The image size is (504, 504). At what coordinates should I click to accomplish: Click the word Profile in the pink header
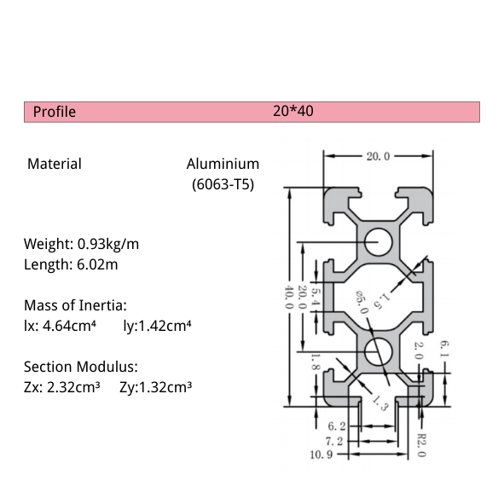pos(55,112)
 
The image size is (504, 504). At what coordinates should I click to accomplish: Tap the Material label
pos(55,164)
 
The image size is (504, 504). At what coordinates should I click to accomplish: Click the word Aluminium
pos(223,164)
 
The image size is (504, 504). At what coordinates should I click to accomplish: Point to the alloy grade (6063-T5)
pos(222,183)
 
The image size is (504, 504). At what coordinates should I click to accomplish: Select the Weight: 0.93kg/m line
pos(81,244)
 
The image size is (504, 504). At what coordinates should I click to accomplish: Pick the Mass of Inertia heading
pos(76,305)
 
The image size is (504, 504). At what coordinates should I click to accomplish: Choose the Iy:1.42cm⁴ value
pos(157,325)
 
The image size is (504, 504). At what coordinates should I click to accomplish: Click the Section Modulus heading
pos(81,367)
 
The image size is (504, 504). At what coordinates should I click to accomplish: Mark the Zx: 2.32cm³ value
pos(62,387)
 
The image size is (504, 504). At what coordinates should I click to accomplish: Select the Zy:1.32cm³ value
pos(155,387)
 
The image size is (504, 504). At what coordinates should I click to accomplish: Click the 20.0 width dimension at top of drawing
pos(378,156)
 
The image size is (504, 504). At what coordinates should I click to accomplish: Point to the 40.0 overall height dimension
pos(289,298)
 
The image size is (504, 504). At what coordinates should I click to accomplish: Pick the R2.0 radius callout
pos(420,443)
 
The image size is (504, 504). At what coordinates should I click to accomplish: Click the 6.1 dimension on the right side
pos(443,348)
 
